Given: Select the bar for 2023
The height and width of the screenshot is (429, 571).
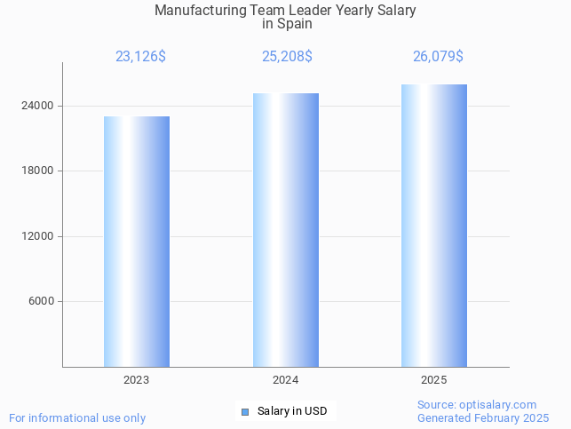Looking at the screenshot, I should [x=137, y=242].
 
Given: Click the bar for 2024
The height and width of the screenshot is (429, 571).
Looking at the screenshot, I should [x=285, y=230].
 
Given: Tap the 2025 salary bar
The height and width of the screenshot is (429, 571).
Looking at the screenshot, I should [x=434, y=226].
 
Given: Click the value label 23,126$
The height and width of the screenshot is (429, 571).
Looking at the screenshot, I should [x=140, y=57].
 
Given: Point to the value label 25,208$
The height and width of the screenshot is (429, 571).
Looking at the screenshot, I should [x=287, y=57].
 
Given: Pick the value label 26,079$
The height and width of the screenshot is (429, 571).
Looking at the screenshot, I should [x=438, y=57].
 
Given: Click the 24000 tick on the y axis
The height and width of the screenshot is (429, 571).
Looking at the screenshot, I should [x=38, y=106].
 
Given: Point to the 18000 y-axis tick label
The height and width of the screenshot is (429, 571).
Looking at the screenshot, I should [x=38, y=171].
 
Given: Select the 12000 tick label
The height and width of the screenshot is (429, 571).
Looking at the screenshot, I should [x=38, y=236].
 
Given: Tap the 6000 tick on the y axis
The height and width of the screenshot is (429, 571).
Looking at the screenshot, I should [x=42, y=301].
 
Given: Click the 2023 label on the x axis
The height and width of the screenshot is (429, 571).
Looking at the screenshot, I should [x=137, y=380].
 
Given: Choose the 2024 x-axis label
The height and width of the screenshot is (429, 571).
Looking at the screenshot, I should [x=285, y=380].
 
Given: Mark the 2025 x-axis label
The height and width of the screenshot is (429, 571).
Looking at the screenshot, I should [x=434, y=380].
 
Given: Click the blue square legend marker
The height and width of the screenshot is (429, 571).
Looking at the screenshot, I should [x=245, y=411].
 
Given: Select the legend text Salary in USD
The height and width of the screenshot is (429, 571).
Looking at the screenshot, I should [x=292, y=411].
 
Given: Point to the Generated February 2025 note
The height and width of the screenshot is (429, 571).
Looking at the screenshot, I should [x=483, y=418].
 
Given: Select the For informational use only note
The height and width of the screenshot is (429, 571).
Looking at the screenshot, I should [x=77, y=418].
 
